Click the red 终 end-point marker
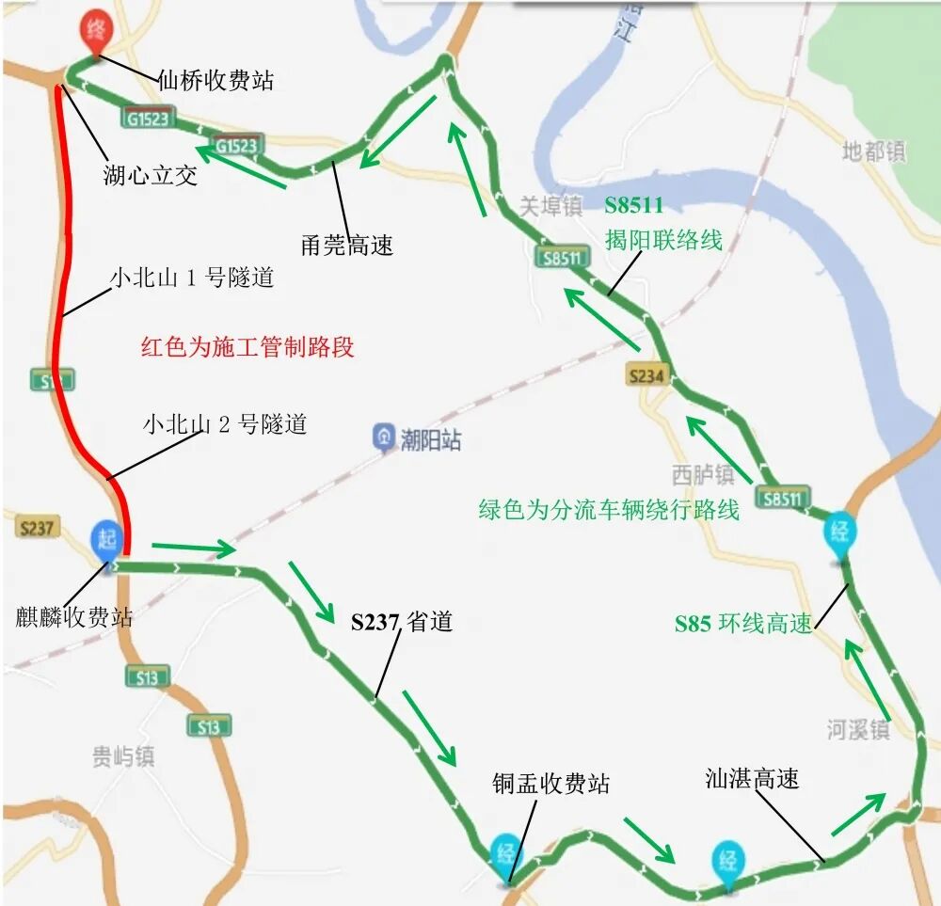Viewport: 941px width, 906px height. (x=95, y=28)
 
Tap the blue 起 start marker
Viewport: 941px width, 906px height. (x=104, y=539)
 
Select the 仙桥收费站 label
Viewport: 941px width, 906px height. (x=215, y=81)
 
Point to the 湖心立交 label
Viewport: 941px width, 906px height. (x=151, y=175)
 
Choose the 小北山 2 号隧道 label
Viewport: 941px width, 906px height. (x=225, y=424)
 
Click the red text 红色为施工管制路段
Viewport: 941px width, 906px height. (x=247, y=346)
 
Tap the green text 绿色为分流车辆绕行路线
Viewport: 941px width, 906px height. (x=609, y=510)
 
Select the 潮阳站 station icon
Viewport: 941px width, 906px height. (x=384, y=437)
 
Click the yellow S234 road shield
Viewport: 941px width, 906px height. (x=647, y=376)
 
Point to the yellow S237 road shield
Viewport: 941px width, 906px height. (x=36, y=527)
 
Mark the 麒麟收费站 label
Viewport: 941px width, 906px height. (x=74, y=617)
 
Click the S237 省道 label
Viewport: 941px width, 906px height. (x=402, y=622)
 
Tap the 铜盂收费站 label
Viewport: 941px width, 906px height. (x=550, y=783)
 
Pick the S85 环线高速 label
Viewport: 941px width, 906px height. (x=742, y=623)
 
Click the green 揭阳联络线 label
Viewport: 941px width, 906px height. (x=663, y=240)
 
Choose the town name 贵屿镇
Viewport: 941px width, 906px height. (x=122, y=756)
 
